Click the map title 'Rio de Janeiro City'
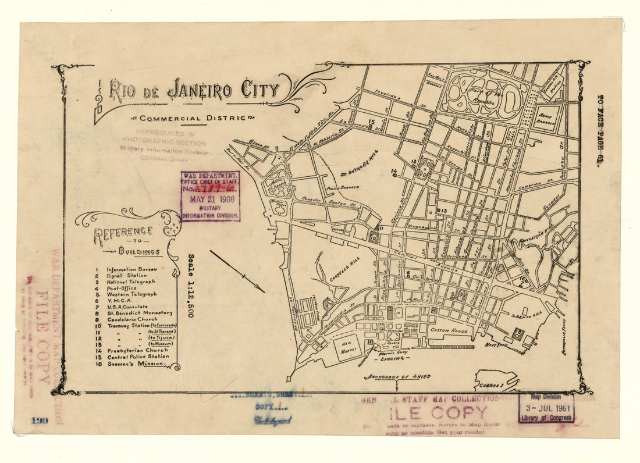click(x=194, y=90)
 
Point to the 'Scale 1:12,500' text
click(x=191, y=285)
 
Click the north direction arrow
click(x=237, y=271)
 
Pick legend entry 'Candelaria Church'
click(x=133, y=319)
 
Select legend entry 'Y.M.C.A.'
click(x=121, y=301)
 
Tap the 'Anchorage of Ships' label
click(x=399, y=377)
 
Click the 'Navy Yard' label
click(x=497, y=345)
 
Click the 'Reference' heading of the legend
click(x=124, y=233)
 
